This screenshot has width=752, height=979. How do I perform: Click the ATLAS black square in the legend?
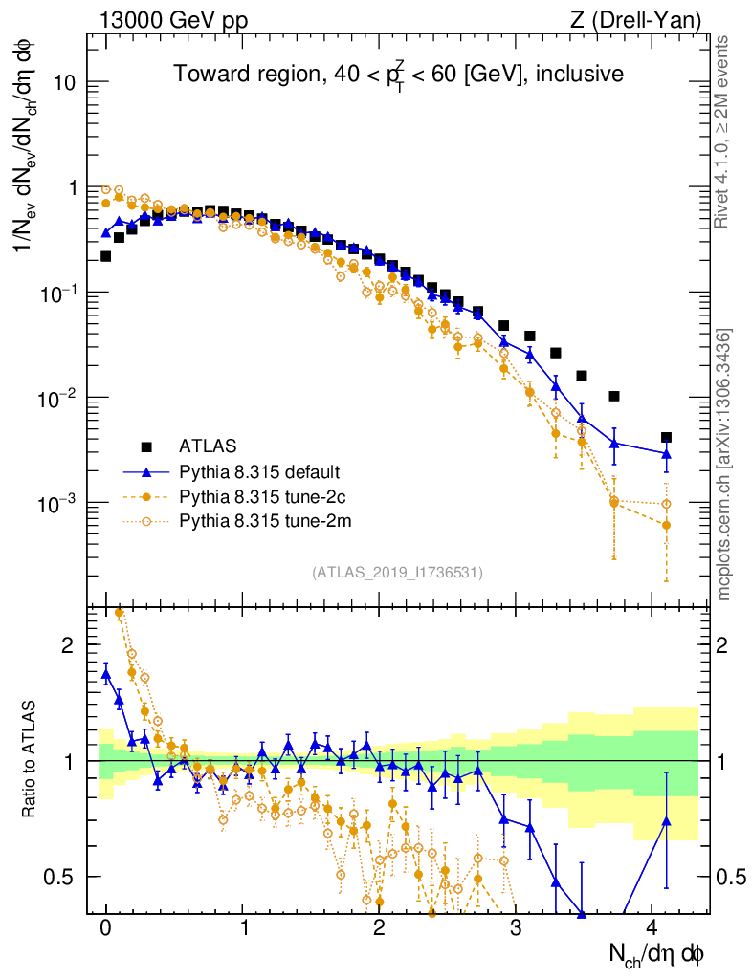pyautogui.click(x=146, y=446)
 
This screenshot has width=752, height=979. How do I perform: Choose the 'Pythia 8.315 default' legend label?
pyautogui.click(x=260, y=472)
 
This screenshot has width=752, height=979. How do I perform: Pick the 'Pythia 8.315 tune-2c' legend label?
pyautogui.click(x=260, y=497)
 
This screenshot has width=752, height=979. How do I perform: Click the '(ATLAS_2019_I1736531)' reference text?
pyautogui.click(x=397, y=573)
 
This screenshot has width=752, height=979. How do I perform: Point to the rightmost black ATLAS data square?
pyautogui.click(x=666, y=438)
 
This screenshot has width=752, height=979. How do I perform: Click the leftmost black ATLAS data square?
pyautogui.click(x=105, y=256)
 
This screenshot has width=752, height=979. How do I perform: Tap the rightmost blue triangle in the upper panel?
pyautogui.click(x=666, y=453)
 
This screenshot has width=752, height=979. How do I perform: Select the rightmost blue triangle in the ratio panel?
pyautogui.click(x=666, y=820)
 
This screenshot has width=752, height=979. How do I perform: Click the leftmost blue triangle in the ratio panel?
pyautogui.click(x=106, y=674)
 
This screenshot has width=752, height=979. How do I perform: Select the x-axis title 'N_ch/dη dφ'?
pyautogui.click(x=657, y=953)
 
